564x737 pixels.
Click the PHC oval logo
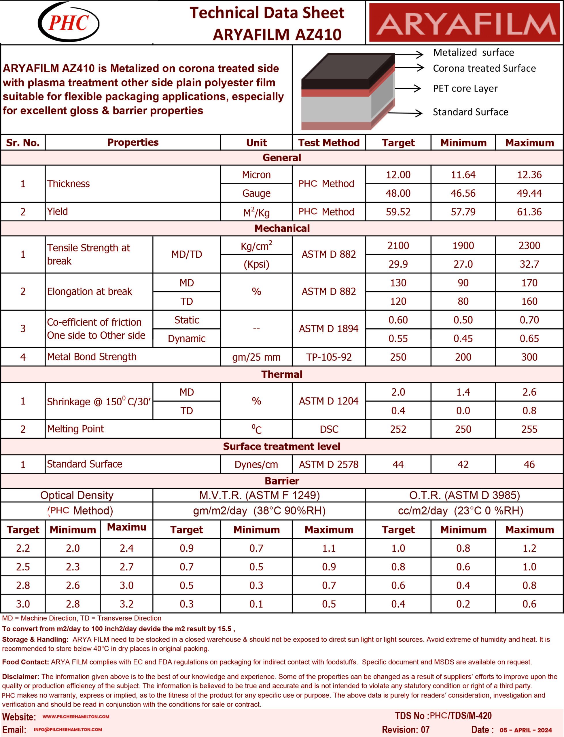click(x=69, y=22)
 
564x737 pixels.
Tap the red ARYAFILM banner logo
click(x=465, y=23)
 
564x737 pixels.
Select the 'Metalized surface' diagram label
click(x=473, y=53)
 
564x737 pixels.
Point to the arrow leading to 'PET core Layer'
click(x=408, y=88)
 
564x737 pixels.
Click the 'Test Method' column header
click(x=329, y=143)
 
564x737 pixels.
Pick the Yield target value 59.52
click(x=398, y=212)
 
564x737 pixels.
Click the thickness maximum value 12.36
click(x=529, y=175)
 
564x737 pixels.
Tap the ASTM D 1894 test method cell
click(x=329, y=329)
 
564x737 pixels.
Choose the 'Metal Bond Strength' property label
click(x=92, y=357)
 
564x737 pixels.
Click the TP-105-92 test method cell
click(x=329, y=357)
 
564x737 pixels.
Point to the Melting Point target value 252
click(x=398, y=429)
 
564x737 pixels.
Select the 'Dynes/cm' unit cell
click(x=256, y=465)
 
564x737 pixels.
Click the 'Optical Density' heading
click(x=77, y=495)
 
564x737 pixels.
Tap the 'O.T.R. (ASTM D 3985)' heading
click(x=464, y=495)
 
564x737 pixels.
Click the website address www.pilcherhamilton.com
click(x=76, y=717)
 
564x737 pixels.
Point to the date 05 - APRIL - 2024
click(x=526, y=730)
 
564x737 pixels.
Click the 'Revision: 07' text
click(x=406, y=730)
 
